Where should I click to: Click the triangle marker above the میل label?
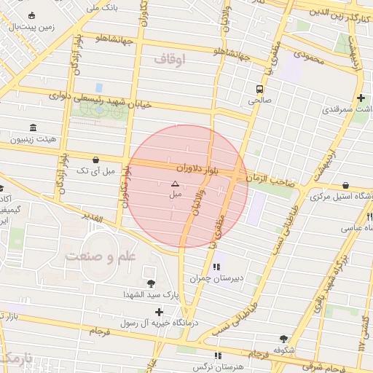pos(175,184)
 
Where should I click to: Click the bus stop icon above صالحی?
pos(259,89)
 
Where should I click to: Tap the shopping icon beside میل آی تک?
pos(96,160)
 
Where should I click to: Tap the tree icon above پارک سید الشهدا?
pos(150,283)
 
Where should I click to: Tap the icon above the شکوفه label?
pos(283,339)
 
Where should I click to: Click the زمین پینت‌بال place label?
pos(31,27)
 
